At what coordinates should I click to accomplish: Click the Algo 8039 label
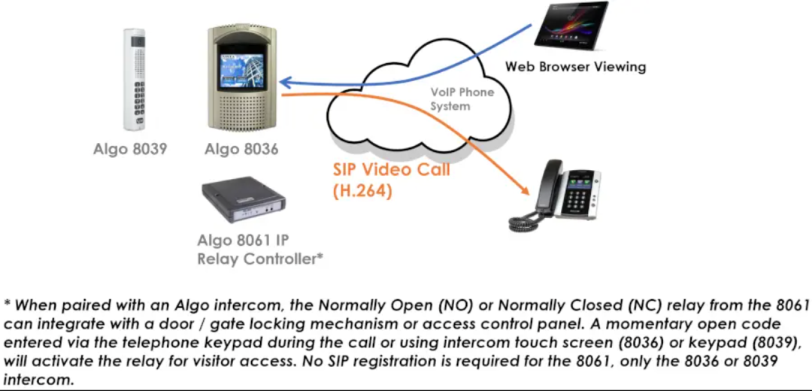click(x=130, y=150)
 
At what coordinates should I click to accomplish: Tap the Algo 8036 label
click(x=241, y=150)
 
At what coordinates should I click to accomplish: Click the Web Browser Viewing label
click(x=575, y=66)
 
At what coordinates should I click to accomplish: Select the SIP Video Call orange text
click(x=392, y=169)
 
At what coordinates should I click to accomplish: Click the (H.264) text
click(x=362, y=191)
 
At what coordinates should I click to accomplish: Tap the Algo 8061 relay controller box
click(x=243, y=202)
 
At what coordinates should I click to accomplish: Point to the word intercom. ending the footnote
click(x=38, y=379)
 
